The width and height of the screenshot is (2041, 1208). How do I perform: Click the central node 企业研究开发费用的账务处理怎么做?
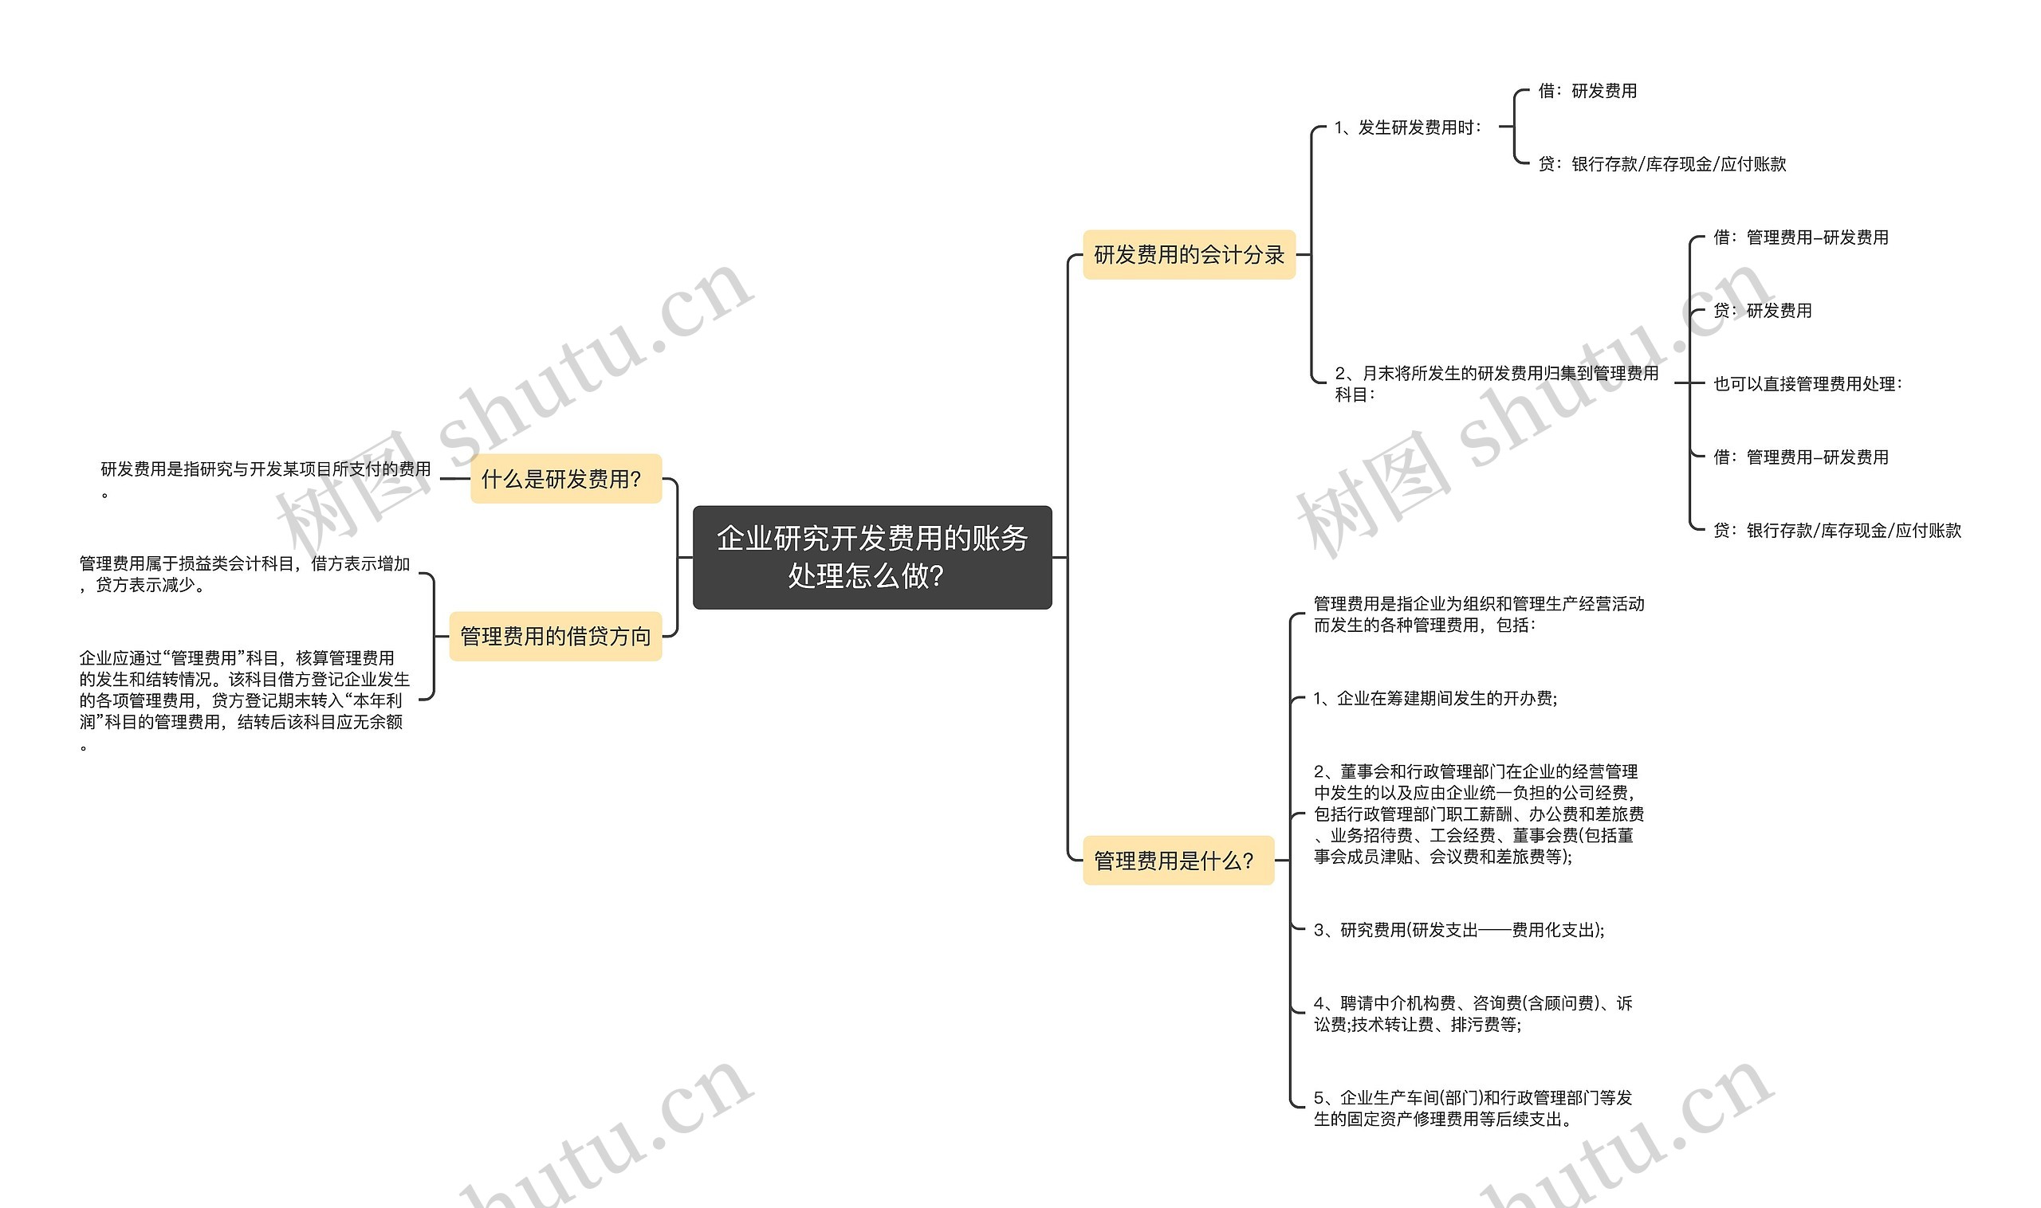tap(871, 557)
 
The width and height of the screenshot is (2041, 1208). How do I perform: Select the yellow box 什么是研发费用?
tap(565, 479)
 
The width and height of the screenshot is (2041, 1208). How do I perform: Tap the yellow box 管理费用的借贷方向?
tap(556, 636)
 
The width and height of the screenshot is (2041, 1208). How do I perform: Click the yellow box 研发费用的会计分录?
tap(1188, 255)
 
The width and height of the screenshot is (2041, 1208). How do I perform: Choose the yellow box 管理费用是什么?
tap(1177, 861)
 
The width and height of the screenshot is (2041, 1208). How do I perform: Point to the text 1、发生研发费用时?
tap(1407, 127)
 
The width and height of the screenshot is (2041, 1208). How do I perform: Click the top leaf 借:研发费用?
tap(1587, 91)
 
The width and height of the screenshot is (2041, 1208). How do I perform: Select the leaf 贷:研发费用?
tap(1762, 311)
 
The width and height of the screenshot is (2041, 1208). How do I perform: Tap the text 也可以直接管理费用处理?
tap(1807, 384)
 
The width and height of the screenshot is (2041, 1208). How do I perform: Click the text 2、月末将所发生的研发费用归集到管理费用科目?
tap(1496, 383)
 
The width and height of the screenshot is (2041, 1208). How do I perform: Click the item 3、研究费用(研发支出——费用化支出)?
tap(1458, 930)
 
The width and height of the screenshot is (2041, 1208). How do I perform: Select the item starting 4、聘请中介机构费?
tap(1473, 1014)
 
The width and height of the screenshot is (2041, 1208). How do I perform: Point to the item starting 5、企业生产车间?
tap(1473, 1108)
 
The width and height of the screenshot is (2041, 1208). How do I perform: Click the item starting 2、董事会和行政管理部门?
tap(1477, 814)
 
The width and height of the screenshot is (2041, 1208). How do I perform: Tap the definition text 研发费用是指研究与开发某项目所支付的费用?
tap(265, 469)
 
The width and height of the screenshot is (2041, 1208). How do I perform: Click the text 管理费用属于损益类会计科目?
tap(243, 574)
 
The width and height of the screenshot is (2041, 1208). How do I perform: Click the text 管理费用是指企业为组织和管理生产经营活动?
tap(1478, 614)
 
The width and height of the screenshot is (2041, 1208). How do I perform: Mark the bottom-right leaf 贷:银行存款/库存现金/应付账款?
tap(1837, 531)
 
